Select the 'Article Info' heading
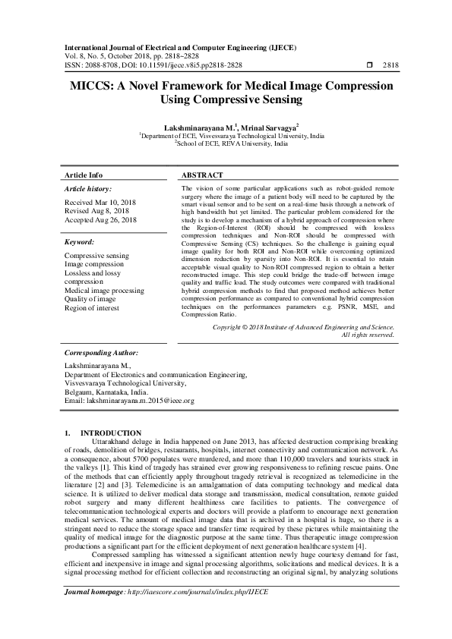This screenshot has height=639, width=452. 85,174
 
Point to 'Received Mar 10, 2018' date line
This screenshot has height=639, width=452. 100,203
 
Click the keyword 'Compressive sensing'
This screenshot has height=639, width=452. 97,257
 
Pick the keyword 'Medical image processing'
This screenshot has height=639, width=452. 104,291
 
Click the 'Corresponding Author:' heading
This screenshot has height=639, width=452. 100,353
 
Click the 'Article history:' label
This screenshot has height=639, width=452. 87,188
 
